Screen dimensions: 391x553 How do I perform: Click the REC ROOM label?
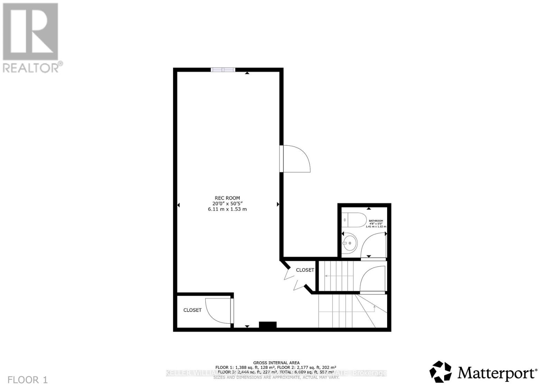click(227, 198)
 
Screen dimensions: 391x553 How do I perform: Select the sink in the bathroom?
click(350, 243)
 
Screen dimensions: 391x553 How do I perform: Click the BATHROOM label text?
click(376, 221)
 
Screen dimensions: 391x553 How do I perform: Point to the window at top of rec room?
click(223, 70)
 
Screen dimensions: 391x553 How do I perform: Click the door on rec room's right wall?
click(295, 159)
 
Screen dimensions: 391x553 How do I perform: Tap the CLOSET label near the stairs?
click(305, 270)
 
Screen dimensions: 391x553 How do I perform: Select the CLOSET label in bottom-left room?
click(192, 310)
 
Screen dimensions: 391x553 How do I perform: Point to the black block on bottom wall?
click(268, 325)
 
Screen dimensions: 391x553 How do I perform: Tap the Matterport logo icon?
click(440, 372)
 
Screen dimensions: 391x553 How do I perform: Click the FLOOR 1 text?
click(27, 380)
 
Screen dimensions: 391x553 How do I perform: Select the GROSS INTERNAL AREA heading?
click(276, 363)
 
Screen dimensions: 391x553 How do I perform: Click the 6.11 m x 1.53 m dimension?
click(227, 209)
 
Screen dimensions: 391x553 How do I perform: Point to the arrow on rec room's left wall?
click(179, 205)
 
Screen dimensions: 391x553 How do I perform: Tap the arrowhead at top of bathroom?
click(369, 208)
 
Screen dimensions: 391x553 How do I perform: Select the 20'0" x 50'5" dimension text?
click(227, 204)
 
